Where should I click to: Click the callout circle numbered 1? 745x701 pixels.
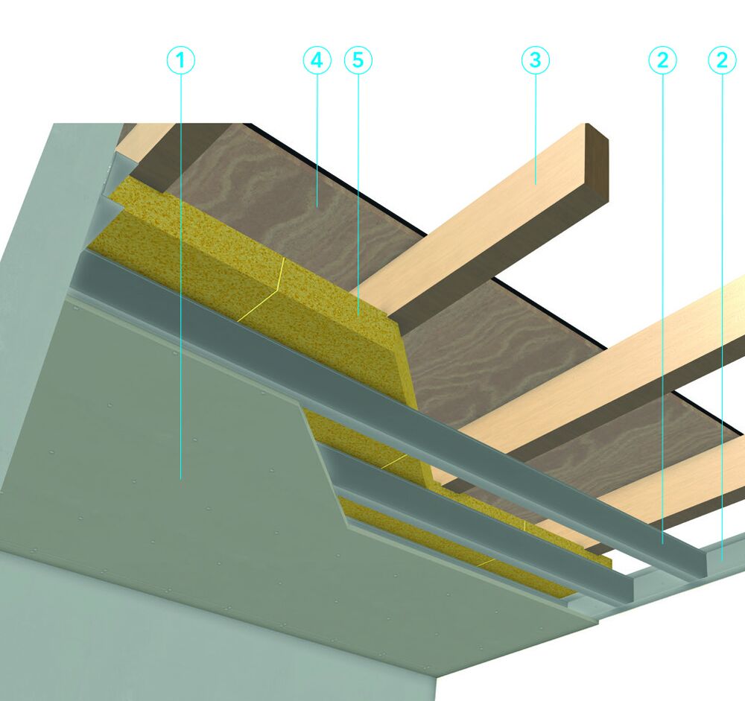[180, 60]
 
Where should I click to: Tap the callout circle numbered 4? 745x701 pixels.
[317, 60]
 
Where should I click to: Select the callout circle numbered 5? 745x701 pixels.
[358, 60]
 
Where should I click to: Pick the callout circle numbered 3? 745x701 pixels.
[536, 60]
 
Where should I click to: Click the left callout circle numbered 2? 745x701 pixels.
[662, 60]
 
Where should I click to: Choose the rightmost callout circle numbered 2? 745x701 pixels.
[722, 60]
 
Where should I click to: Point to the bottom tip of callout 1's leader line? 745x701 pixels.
[180, 478]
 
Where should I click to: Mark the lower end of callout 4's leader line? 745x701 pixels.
[317, 206]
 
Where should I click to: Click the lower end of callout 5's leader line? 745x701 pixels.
[358, 315]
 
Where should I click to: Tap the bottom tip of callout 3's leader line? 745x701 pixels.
[536, 183]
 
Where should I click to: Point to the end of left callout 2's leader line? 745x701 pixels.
[662, 543]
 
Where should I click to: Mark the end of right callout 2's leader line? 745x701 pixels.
[722, 561]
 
